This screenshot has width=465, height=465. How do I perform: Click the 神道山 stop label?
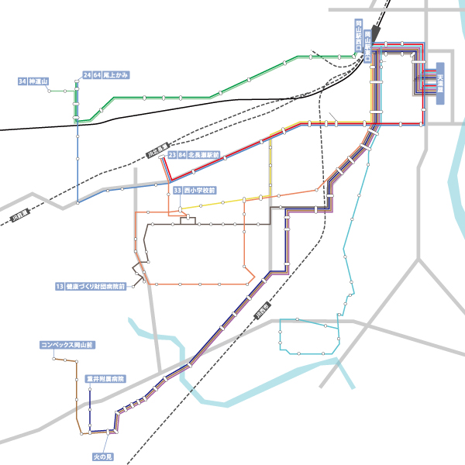point(39,81)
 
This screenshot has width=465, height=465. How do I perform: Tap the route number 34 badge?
point(22,81)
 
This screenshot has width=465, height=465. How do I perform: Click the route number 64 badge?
point(97,75)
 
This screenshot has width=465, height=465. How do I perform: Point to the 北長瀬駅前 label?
point(204,155)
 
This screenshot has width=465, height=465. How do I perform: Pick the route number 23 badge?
point(171,155)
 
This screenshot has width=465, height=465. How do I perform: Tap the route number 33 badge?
point(177,189)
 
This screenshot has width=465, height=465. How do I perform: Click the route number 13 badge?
point(60,286)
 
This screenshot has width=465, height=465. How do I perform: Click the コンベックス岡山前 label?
point(67,344)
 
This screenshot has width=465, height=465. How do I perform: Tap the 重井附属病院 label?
point(105,380)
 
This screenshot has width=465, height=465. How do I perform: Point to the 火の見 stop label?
point(103,456)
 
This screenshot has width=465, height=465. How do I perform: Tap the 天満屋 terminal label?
point(439,84)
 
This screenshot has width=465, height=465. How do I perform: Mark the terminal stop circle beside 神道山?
point(49,91)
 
